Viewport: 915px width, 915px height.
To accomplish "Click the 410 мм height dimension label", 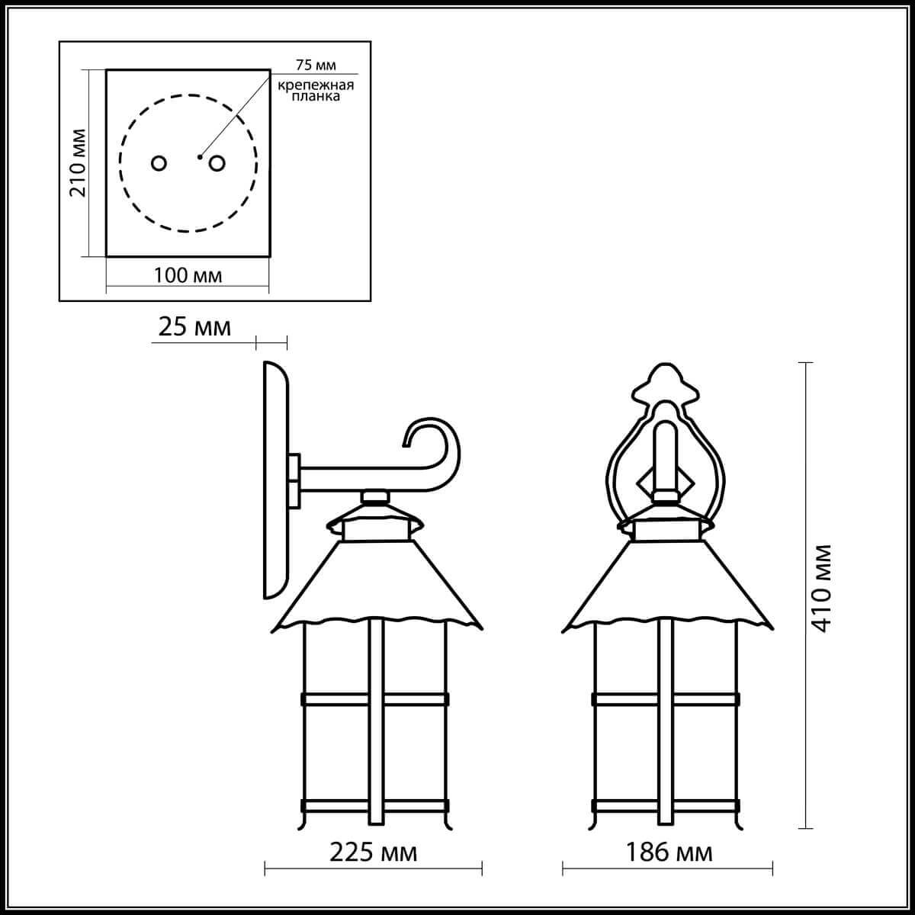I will click(821, 586).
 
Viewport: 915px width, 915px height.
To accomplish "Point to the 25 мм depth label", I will click(194, 327).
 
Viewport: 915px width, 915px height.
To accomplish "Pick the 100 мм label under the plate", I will click(188, 275).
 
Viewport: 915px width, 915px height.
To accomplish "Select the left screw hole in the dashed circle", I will click(159, 163).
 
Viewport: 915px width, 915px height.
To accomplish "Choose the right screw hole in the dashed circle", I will click(217, 163).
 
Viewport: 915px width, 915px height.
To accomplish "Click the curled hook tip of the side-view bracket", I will click(412, 435).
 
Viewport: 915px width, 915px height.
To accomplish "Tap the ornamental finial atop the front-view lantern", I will click(666, 386).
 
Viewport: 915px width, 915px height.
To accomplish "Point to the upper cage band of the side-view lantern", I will click(374, 698).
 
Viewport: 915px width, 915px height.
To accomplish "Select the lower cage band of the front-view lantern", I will click(666, 805).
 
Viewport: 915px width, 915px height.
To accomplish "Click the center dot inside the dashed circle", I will click(199, 157).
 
